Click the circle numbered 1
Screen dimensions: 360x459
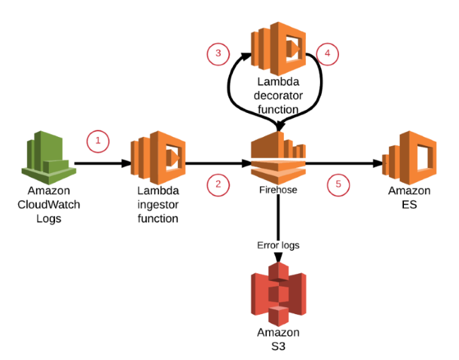(x=98, y=141)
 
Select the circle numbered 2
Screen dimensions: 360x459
(x=218, y=185)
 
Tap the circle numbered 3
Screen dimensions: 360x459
(x=218, y=54)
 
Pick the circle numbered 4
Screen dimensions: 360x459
(x=328, y=54)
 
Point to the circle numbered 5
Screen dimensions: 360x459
(x=338, y=185)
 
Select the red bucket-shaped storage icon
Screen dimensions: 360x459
(x=279, y=294)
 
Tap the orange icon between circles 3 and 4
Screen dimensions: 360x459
(x=279, y=49)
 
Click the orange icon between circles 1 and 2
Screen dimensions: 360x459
(x=158, y=157)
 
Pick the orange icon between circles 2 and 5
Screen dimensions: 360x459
(x=279, y=157)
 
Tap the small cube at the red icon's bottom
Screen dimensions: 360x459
(x=279, y=316)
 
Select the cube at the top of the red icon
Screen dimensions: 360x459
(x=279, y=271)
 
